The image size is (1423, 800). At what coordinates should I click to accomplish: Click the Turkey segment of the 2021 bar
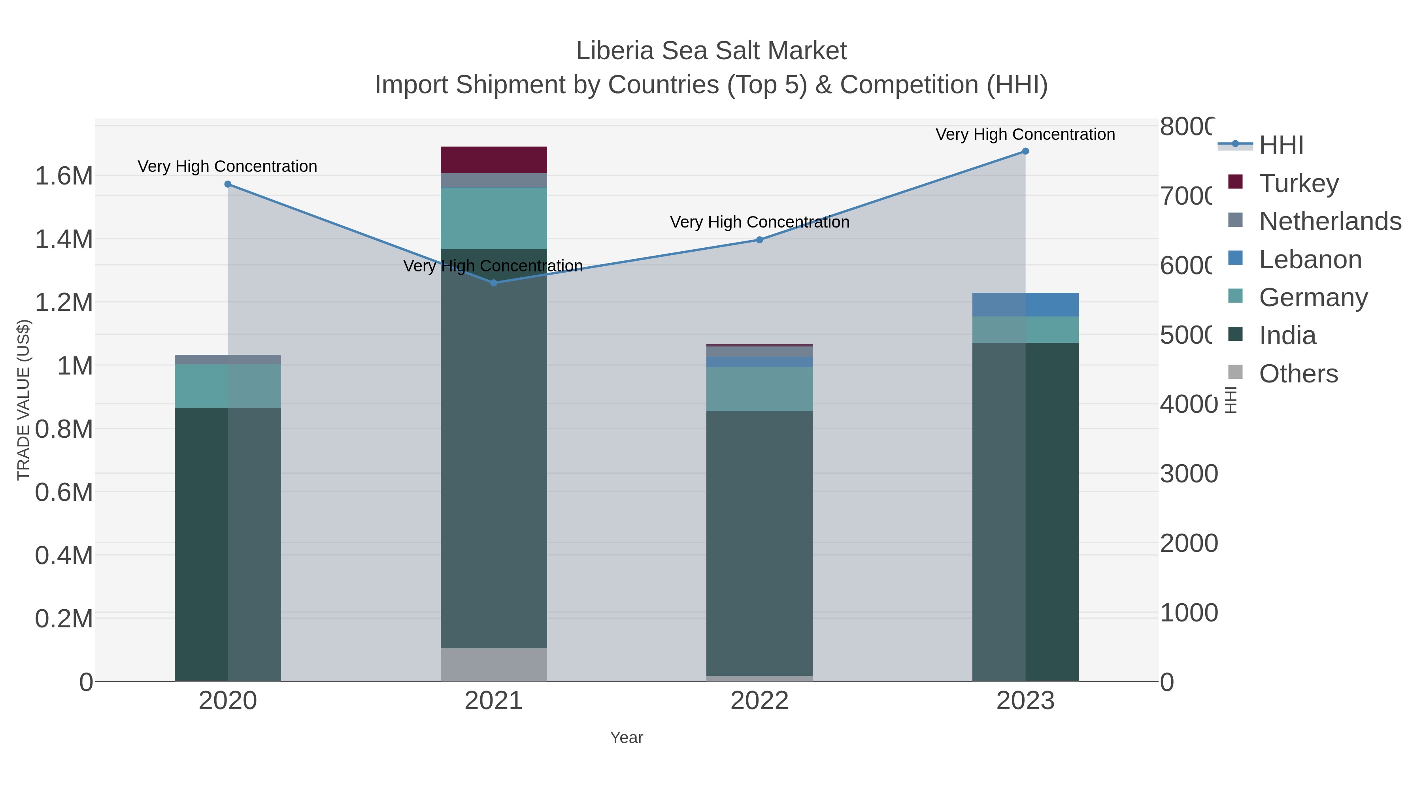tap(493, 160)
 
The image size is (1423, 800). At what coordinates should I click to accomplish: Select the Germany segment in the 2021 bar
tap(493, 218)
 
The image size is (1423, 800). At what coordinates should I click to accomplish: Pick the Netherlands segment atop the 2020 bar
tap(228, 360)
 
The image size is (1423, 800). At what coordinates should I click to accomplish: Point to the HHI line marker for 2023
tap(1025, 151)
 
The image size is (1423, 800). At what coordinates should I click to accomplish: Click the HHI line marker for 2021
tap(494, 283)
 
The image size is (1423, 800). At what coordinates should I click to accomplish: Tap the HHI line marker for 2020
tap(228, 184)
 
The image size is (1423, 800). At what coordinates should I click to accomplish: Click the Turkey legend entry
tap(1298, 183)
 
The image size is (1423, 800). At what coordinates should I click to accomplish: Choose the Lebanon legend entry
tap(1310, 260)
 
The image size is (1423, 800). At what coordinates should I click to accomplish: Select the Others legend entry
tap(1298, 374)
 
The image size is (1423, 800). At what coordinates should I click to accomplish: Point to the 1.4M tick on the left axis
tap(64, 239)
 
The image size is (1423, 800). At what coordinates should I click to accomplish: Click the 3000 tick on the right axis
tap(1188, 474)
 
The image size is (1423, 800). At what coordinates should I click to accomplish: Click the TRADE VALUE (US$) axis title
tap(23, 400)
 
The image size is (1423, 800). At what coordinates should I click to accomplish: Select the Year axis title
tap(627, 738)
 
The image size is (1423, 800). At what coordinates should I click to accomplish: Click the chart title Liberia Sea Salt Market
tap(711, 51)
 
